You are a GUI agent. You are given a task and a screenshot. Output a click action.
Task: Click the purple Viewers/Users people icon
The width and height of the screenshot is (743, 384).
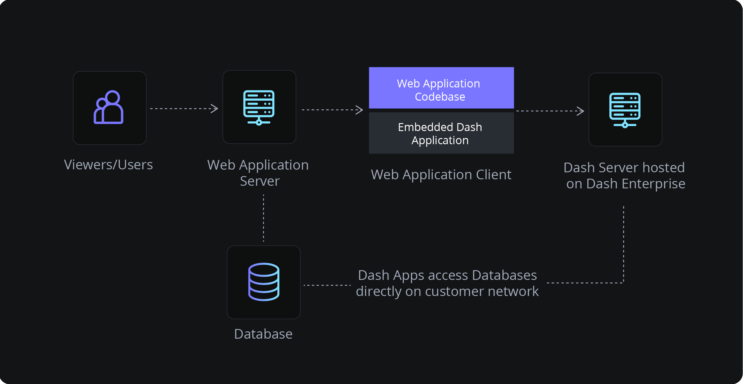coord(109,107)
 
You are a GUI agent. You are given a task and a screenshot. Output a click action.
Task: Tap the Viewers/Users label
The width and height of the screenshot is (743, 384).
coord(108,165)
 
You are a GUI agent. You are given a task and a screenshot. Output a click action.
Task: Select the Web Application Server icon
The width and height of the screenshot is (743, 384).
coord(259,107)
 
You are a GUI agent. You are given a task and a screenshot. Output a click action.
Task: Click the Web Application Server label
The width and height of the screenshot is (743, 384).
coord(258,173)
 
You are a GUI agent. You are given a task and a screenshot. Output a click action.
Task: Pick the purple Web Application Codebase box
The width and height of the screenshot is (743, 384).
coord(441,88)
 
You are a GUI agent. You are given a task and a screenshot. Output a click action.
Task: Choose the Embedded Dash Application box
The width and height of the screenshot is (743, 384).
coord(441,133)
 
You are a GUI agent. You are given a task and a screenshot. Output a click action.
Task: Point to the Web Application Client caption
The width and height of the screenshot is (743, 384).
coord(441,175)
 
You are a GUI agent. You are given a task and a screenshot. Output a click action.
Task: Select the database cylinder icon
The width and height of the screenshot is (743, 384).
coord(264,282)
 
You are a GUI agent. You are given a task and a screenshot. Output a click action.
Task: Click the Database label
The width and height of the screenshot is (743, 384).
coord(263,334)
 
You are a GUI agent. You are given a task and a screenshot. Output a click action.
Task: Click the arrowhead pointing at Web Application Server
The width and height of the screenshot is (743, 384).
coord(215,109)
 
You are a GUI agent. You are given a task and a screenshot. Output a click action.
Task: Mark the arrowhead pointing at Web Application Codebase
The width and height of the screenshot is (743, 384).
coord(360,110)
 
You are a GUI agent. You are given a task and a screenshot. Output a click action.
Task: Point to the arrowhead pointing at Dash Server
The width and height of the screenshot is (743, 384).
coord(581,111)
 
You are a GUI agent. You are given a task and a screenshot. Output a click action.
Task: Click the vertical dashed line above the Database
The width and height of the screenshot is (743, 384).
coord(263,218)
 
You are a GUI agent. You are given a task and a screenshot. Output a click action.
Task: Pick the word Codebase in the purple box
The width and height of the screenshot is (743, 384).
coord(440,97)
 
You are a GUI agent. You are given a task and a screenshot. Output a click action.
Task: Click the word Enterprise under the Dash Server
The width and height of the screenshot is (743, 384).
coord(654,184)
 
